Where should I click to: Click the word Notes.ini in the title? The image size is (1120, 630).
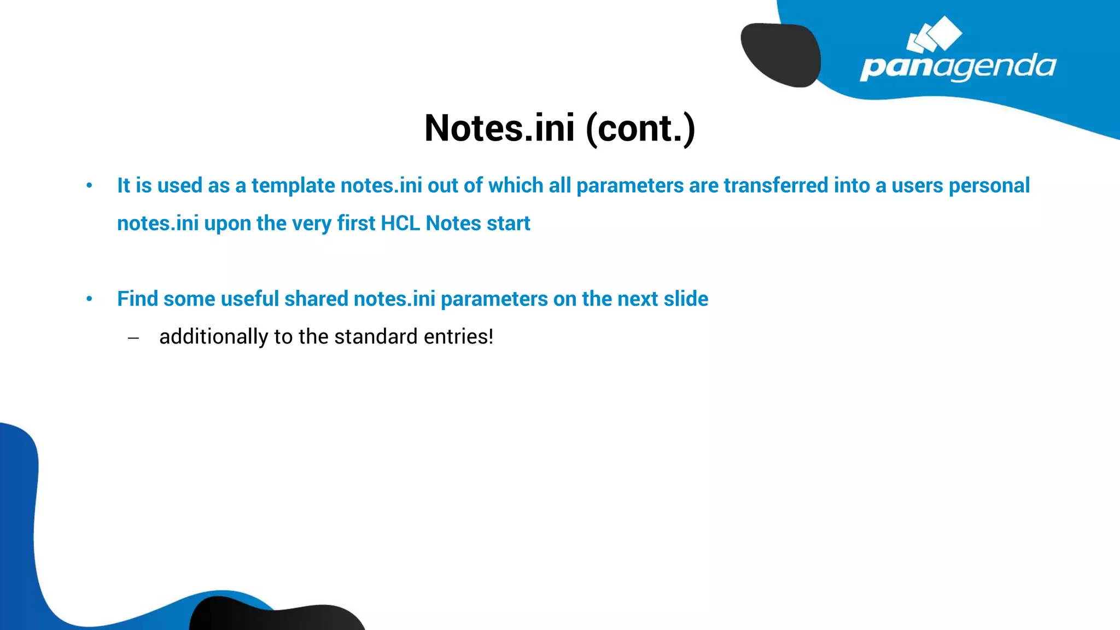pyautogui.click(x=499, y=129)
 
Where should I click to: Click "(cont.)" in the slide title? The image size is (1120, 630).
pyautogui.click(x=640, y=129)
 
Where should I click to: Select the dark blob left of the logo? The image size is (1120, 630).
pyautogui.click(x=781, y=55)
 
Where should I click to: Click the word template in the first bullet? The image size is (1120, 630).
pyautogui.click(x=293, y=186)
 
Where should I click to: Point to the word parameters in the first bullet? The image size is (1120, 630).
pyautogui.click(x=630, y=186)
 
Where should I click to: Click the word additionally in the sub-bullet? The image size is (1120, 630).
pyautogui.click(x=213, y=337)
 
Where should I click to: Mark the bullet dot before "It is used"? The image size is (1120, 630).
pyautogui.click(x=89, y=186)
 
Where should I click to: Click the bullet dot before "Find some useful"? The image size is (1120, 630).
pyautogui.click(x=89, y=299)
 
